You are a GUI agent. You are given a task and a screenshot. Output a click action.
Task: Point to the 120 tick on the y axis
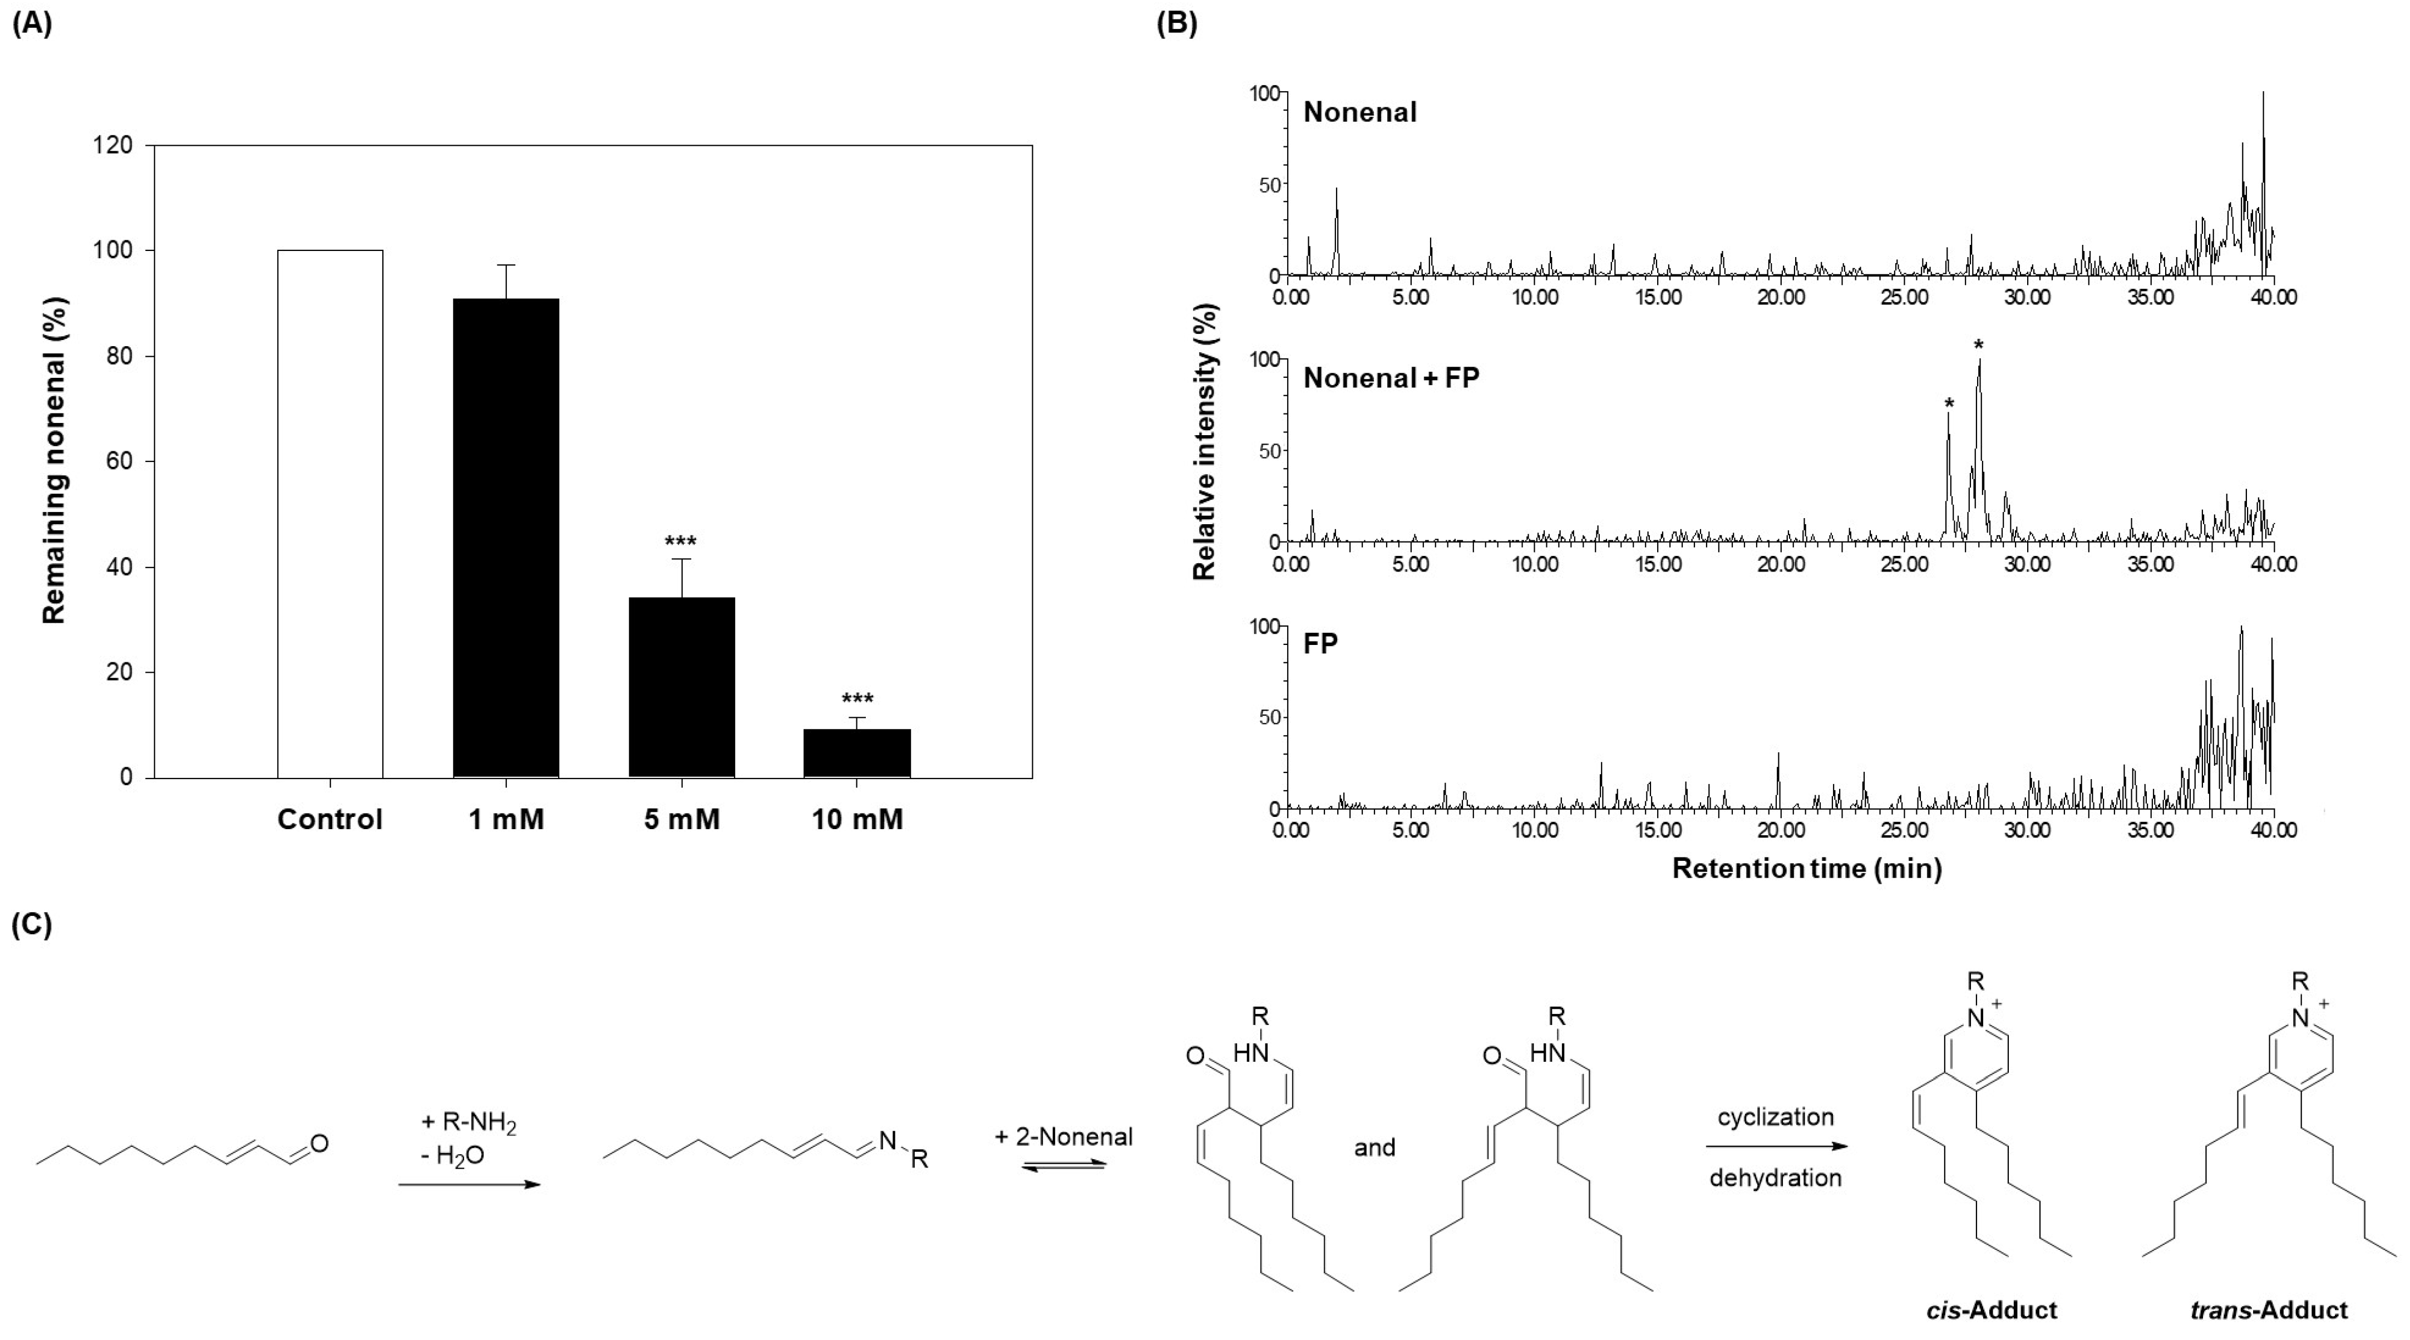click(113, 145)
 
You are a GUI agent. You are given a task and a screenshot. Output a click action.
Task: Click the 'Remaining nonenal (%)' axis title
click(55, 460)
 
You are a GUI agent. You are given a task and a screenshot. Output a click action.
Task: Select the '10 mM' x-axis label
click(857, 820)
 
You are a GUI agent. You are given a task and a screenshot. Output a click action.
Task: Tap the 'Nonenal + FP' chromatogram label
click(1391, 378)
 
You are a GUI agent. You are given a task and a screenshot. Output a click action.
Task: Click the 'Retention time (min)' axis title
click(1807, 868)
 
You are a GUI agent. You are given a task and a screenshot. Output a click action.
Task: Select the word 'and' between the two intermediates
click(1374, 1147)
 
